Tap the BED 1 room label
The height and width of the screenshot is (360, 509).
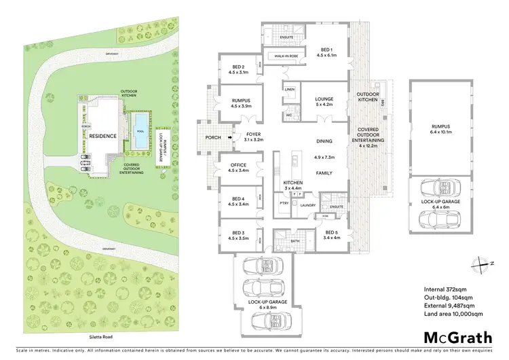[326, 50]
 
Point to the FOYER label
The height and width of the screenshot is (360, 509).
[252, 134]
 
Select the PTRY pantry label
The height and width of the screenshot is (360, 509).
[284, 203]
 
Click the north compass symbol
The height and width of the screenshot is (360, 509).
[481, 264]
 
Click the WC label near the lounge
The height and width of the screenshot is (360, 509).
[289, 115]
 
